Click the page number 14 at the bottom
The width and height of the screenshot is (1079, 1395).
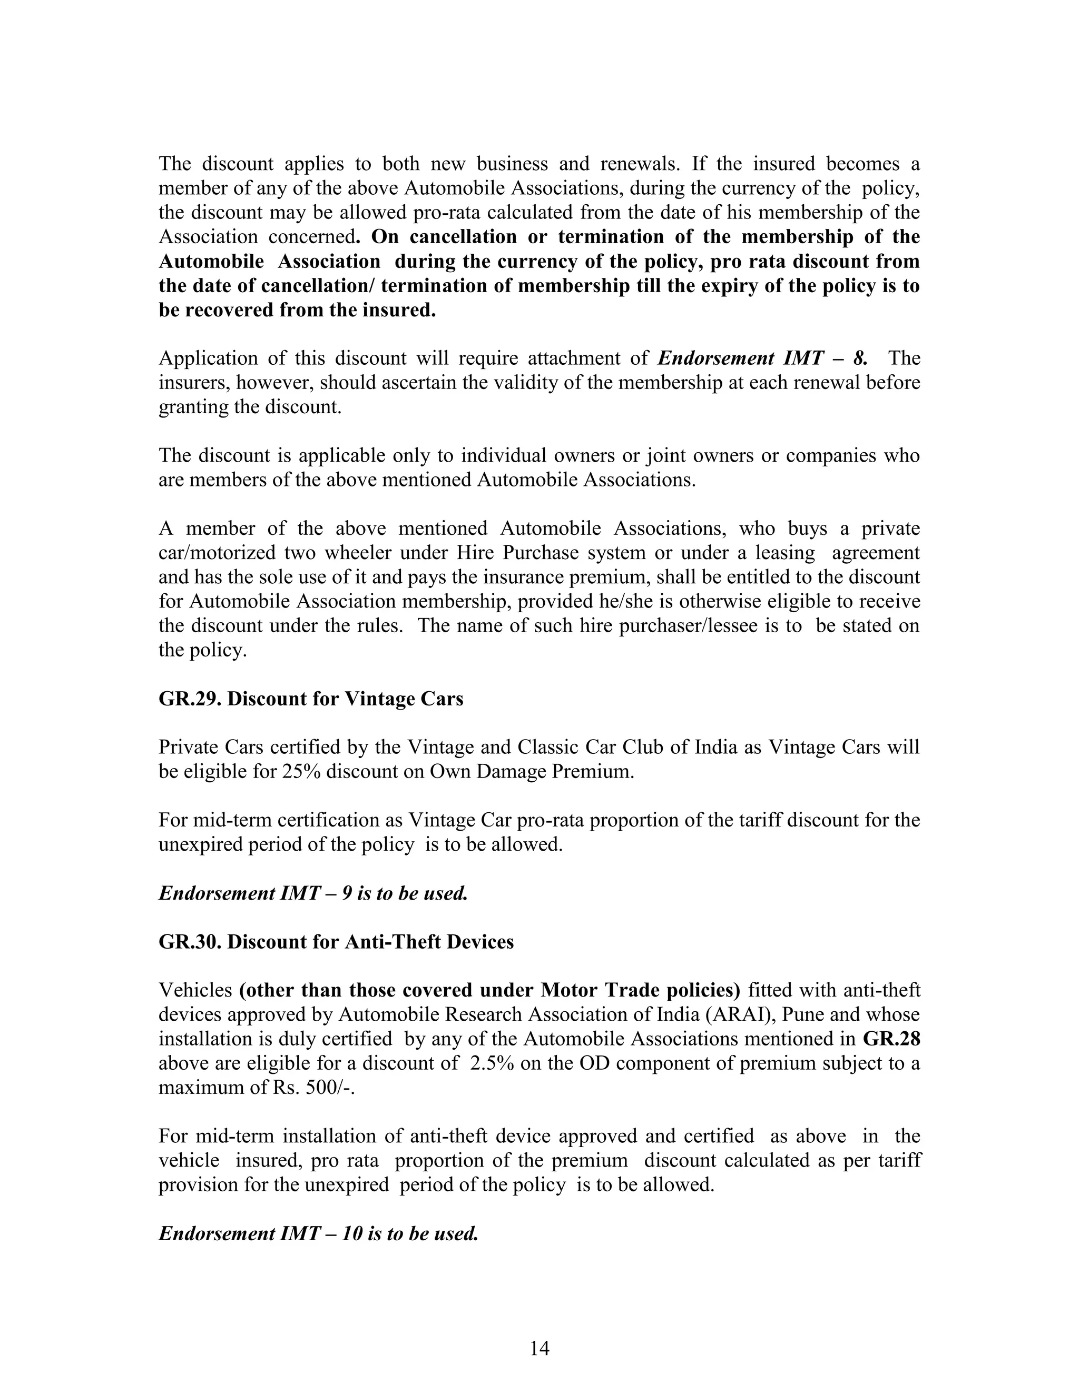[539, 1348]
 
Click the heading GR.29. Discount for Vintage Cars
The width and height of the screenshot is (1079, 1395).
[311, 699]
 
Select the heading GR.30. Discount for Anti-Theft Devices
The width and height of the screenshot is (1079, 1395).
[336, 942]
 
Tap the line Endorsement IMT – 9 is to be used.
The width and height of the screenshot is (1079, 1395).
[313, 893]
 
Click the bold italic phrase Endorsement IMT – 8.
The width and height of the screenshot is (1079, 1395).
[762, 358]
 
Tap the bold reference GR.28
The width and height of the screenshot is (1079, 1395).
[891, 1039]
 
